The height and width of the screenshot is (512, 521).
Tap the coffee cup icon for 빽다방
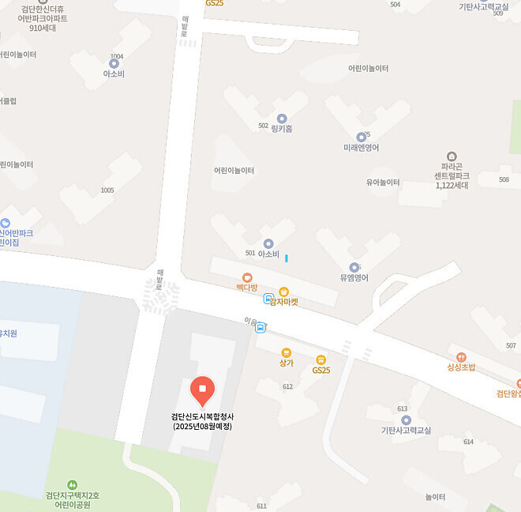pos(247,277)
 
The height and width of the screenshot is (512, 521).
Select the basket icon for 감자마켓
pos(283,292)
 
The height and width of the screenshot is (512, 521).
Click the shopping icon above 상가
pos(286,352)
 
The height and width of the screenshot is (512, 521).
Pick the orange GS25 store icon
pos(320,360)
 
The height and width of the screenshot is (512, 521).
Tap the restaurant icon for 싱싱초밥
pos(461,357)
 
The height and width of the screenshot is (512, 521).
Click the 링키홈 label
pos(282,126)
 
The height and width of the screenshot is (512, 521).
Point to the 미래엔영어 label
pos(362,148)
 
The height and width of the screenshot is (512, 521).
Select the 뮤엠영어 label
pos(354,277)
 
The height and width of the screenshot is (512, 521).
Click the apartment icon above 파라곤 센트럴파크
pos(452,156)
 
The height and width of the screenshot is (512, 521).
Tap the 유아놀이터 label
pos(382,182)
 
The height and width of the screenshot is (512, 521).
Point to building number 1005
pos(107,190)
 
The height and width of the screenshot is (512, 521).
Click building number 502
pos(263,126)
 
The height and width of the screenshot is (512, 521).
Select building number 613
pos(403,408)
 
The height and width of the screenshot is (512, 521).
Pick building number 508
pos(504,180)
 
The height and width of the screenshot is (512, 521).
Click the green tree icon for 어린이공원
pos(73,484)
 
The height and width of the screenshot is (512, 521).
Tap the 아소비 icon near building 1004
pos(114,63)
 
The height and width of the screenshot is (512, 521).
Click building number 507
pos(511,346)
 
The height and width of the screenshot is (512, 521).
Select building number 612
pos(287,386)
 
